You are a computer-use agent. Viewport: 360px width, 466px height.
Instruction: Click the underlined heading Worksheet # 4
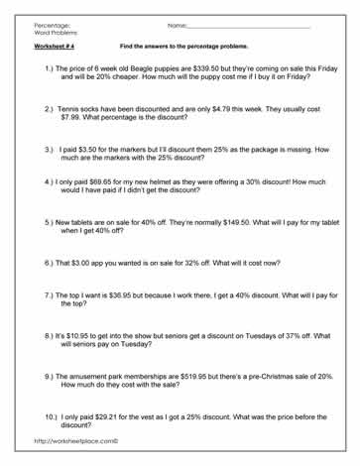click(x=55, y=47)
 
